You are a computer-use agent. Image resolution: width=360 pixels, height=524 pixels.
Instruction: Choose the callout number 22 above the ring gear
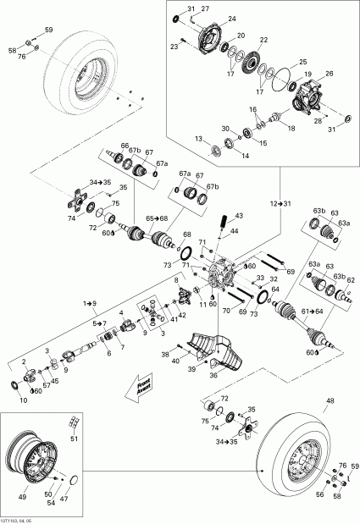264,40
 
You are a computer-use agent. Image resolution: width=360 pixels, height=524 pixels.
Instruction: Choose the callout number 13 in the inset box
198,138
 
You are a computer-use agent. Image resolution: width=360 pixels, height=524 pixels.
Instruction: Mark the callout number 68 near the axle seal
187,234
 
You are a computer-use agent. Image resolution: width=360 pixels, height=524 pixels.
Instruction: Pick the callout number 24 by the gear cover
232,18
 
